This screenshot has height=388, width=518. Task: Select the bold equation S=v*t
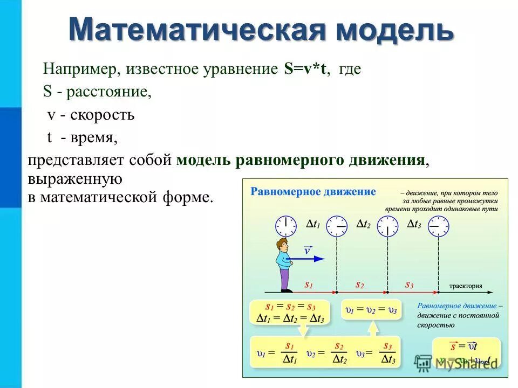point(306,70)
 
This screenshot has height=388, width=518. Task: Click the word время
point(91,138)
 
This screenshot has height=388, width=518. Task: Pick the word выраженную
point(75,178)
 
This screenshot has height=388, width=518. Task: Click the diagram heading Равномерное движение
point(313,192)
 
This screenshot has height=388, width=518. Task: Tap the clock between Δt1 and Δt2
point(337,226)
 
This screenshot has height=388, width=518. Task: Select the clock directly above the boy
point(286,226)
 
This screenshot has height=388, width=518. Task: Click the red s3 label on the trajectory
point(410,284)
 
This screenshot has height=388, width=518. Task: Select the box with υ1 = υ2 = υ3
point(371,310)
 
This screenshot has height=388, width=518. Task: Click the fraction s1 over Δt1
point(290,353)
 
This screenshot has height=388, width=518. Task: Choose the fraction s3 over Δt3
point(388,353)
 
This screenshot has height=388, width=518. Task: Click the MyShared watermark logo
point(424,363)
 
